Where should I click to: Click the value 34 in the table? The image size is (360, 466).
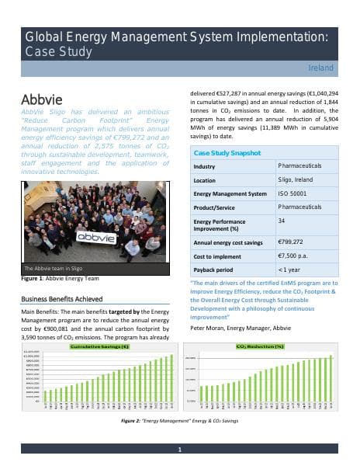coord(281,221)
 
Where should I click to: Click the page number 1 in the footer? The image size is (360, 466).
coord(180,450)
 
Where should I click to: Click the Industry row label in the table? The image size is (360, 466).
coord(205,167)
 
